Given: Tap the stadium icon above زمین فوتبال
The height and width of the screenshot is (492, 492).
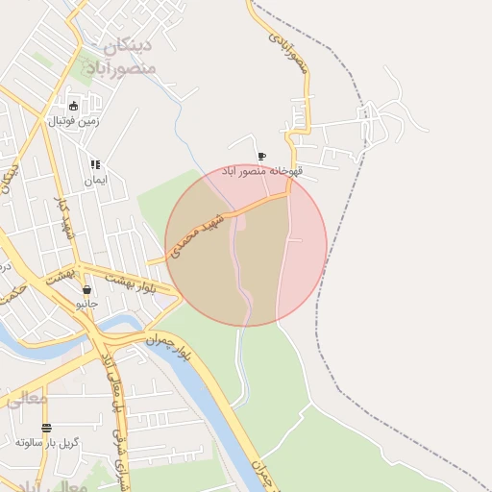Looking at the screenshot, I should point(73,107).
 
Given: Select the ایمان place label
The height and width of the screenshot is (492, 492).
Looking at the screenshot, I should point(95,180).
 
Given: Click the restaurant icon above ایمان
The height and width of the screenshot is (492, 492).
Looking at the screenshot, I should point(95,165).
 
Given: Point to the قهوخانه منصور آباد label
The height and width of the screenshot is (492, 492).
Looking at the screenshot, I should point(262,171).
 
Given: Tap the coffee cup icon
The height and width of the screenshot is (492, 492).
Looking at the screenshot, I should point(261,157).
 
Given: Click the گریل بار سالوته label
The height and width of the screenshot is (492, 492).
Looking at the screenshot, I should point(47,443).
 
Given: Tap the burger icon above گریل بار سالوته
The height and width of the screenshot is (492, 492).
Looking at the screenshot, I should point(47,428).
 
